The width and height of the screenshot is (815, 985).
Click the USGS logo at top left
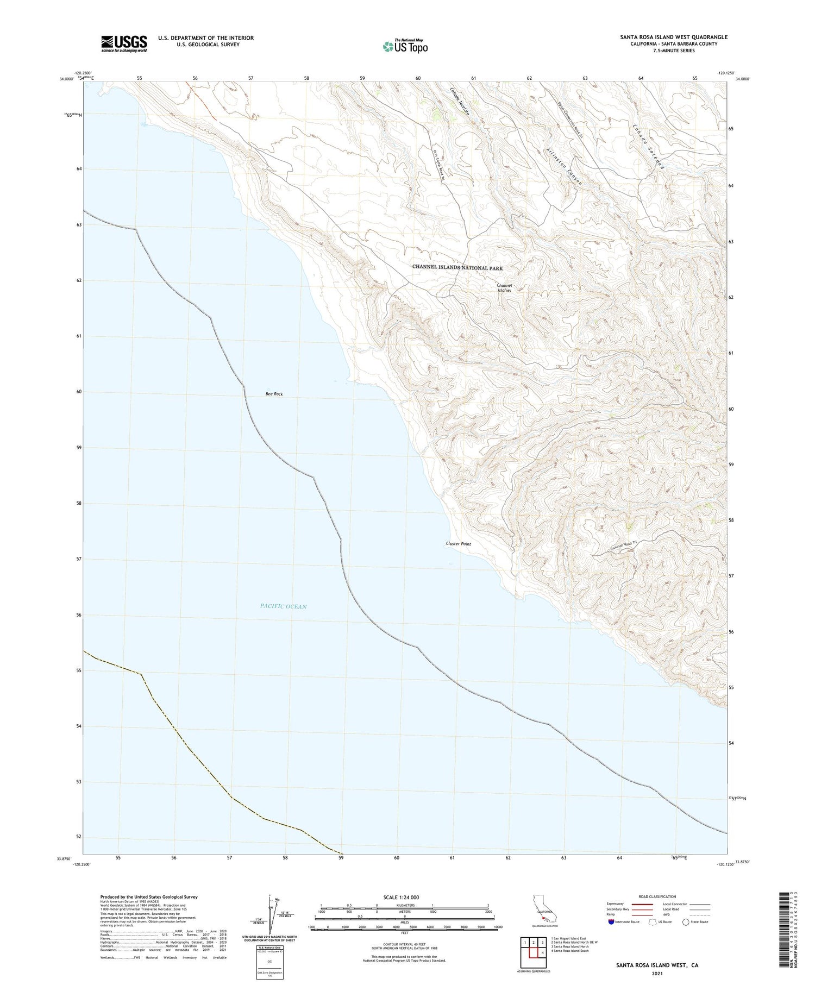[124, 43]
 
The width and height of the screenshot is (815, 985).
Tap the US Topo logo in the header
[405, 46]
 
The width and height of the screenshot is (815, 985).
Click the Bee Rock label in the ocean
[274, 394]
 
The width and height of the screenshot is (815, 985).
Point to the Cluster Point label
[458, 544]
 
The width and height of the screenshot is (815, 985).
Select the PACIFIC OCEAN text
[283, 606]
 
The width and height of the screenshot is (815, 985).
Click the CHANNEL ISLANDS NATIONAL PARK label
[457, 268]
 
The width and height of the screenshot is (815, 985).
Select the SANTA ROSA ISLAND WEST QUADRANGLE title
[674, 37]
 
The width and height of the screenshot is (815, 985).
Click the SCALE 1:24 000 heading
[405, 897]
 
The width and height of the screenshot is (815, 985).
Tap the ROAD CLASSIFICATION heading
[657, 896]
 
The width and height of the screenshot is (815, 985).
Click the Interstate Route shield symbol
[611, 922]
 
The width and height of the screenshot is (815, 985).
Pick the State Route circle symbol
[686, 922]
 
